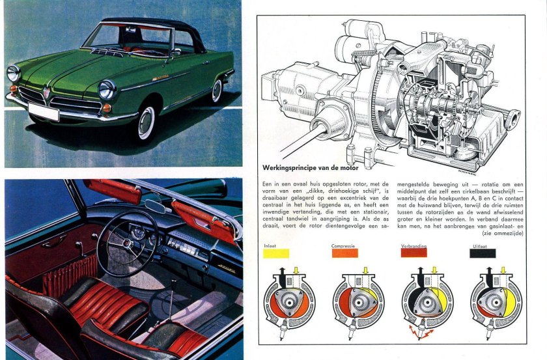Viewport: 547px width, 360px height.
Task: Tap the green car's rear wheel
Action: pos(217,90)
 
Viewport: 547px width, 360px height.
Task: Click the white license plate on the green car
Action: pos(42,113)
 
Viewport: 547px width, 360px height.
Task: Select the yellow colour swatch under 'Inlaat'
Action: pos(276,253)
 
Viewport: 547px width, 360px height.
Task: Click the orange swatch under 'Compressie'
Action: pos(344,253)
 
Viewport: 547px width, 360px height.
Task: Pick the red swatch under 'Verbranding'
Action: pos(414,253)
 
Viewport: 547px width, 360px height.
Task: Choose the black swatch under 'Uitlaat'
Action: pos(483,253)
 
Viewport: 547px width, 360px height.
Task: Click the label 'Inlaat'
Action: pos(269,245)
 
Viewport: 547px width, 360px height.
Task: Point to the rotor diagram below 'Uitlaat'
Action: pos(496,301)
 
